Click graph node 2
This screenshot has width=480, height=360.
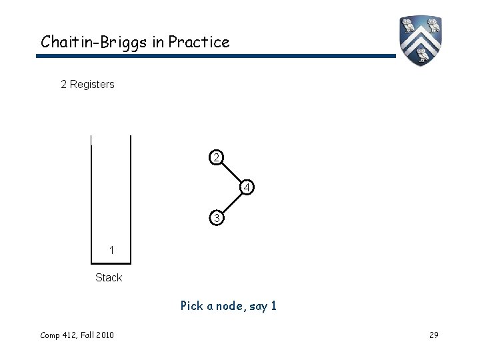click(x=215, y=157)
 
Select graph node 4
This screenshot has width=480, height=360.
click(x=247, y=188)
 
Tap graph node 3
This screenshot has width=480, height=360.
click(x=215, y=218)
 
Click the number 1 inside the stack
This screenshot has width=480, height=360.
click(x=112, y=250)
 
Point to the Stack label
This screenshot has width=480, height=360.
click(x=109, y=277)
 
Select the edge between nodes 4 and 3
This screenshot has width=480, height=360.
click(x=231, y=203)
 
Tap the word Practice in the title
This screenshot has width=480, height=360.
click(x=199, y=43)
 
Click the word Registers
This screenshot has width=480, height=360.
click(x=92, y=85)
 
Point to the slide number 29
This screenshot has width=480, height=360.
click(x=433, y=335)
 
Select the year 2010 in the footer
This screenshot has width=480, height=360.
click(x=103, y=335)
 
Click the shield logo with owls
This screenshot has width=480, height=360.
click(x=421, y=39)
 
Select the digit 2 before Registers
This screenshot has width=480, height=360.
click(x=63, y=85)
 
